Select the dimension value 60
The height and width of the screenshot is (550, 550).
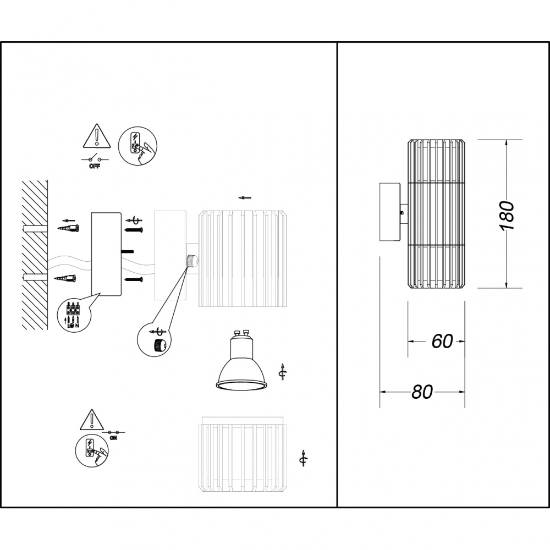click(442, 341)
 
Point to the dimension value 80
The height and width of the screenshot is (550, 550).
click(422, 392)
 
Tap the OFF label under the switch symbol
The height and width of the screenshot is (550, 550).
click(94, 166)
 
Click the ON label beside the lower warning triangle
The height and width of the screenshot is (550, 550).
click(113, 438)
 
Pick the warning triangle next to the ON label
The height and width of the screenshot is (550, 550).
click(89, 420)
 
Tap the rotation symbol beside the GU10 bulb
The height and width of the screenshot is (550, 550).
click(282, 372)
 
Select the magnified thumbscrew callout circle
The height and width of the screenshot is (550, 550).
click(155, 343)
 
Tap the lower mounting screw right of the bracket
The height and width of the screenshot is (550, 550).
click(135, 280)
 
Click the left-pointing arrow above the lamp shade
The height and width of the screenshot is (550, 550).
click(245, 197)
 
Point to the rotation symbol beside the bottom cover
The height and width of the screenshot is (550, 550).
click(302, 458)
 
